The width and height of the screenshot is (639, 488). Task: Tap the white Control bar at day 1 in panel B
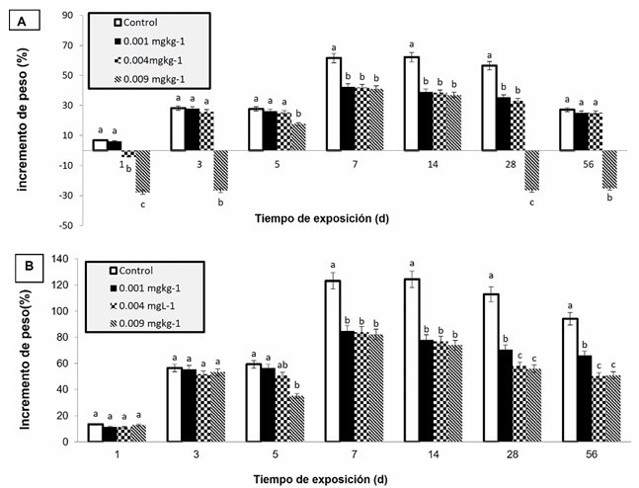[95, 433]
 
